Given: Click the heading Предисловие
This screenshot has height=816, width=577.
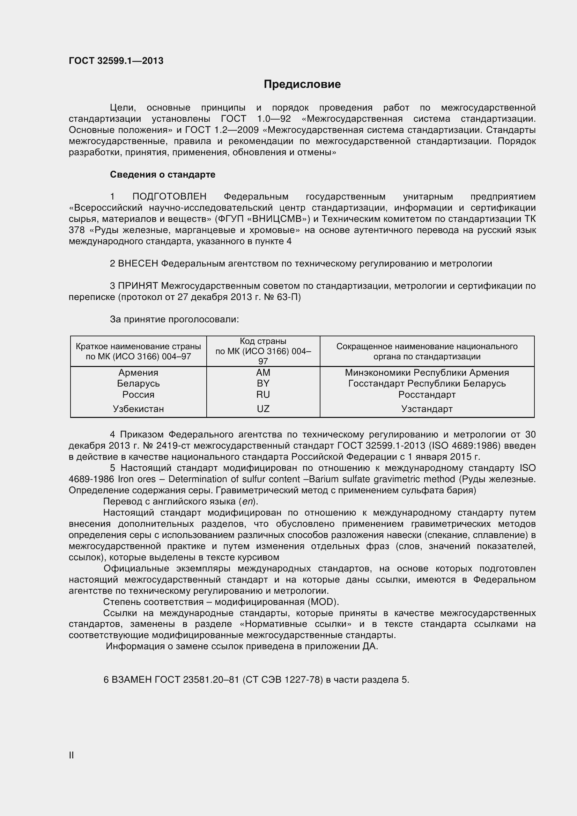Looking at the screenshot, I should point(302,84).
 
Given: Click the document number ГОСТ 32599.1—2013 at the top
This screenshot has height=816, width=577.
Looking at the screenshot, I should point(116,61).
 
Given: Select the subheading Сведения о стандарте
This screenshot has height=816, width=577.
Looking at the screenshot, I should point(162,174).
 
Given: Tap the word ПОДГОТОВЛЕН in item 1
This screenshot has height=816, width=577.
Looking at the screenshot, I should point(169,196).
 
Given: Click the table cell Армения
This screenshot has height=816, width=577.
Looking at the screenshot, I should point(138,373).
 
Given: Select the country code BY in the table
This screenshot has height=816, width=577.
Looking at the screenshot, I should point(263,383).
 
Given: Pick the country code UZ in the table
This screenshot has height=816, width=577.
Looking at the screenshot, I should point(263,409).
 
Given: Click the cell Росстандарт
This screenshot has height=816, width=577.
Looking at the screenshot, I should point(427,395).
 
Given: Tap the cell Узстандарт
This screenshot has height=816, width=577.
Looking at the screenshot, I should point(427,409).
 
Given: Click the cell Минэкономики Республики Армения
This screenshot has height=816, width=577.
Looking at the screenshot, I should point(427,373).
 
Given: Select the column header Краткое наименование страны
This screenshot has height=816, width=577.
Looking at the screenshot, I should point(138,346).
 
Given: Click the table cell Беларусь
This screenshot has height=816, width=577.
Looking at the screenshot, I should point(138,383).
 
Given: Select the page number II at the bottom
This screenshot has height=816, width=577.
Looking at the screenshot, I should point(71,756).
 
